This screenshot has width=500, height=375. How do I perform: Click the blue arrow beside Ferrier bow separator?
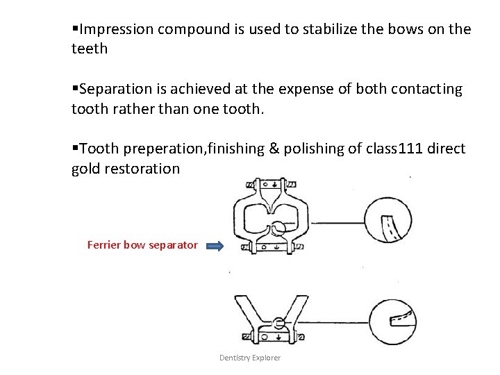point(215,245)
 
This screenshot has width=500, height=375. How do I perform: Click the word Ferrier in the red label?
point(103,245)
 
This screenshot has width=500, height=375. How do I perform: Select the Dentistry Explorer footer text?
point(250,358)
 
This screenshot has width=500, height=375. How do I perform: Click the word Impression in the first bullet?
point(116,30)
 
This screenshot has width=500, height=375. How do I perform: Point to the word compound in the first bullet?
point(191,30)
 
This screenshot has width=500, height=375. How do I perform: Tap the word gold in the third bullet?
point(86,168)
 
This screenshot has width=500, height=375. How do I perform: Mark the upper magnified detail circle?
point(388,223)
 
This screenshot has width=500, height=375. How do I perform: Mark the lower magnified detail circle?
point(394,321)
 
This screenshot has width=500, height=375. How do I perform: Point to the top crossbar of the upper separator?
point(270,186)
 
